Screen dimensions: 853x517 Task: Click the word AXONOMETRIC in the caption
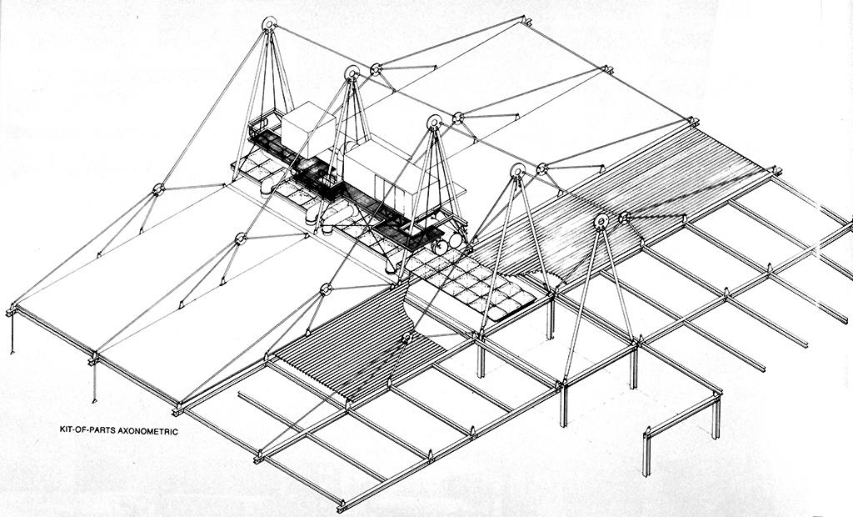click(x=148, y=431)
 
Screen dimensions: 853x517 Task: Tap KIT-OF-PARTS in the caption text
click(x=87, y=429)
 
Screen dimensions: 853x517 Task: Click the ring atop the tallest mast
click(x=269, y=24)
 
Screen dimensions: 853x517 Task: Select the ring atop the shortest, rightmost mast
click(x=601, y=221)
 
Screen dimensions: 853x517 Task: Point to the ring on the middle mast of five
click(x=435, y=122)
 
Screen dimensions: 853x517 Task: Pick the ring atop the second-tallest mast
click(x=352, y=73)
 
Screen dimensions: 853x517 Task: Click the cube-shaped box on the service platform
click(x=308, y=128)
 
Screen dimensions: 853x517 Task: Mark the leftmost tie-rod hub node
click(x=158, y=189)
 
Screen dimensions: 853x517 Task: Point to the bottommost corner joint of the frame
click(x=341, y=505)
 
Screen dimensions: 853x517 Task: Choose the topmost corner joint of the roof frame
click(x=526, y=21)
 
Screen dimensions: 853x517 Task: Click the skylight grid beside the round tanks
click(x=471, y=284)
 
